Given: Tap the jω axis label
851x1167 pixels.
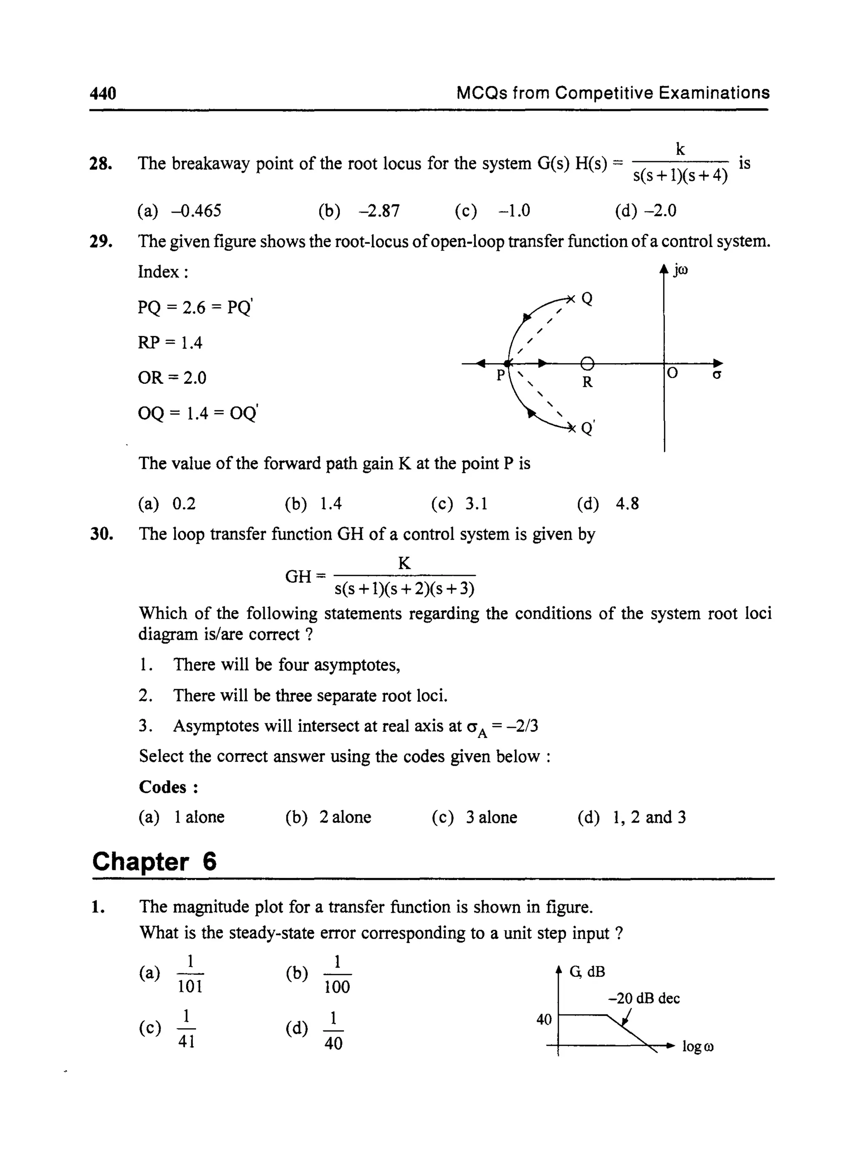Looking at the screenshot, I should click(680, 270).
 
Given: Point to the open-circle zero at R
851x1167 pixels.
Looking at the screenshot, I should click(587, 364).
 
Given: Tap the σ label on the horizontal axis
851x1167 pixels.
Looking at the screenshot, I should click(716, 375).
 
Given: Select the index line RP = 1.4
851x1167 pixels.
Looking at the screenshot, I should click(170, 342).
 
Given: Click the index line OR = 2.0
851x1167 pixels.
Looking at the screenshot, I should click(172, 378).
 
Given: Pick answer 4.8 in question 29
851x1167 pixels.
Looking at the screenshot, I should click(627, 503).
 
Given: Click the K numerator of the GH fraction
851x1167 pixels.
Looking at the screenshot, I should click(404, 563).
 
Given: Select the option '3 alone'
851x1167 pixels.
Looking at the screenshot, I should click(491, 817).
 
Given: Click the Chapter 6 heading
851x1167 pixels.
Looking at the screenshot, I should click(154, 862).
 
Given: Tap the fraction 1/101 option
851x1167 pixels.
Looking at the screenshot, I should click(190, 974).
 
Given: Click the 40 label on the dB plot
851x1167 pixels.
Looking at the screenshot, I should click(544, 1019).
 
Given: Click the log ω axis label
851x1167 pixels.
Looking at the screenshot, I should click(698, 1047).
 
